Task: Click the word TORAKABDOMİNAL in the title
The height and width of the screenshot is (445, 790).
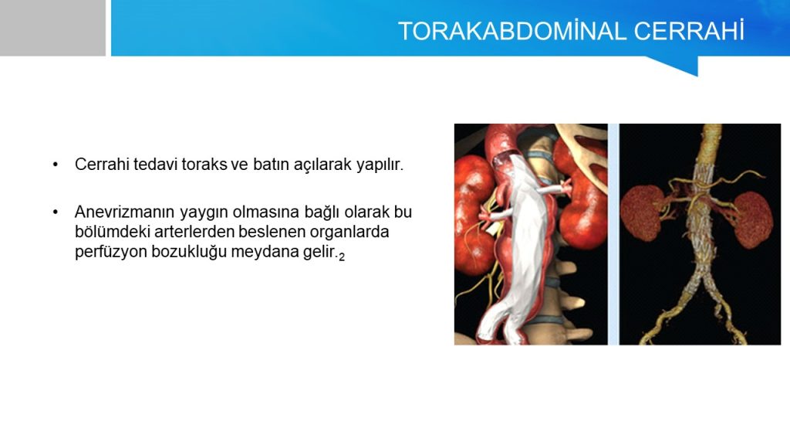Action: pyautogui.click(x=512, y=31)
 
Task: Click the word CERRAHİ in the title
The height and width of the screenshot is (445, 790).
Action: pyautogui.click(x=689, y=31)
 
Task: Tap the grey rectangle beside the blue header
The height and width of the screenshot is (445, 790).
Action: pyautogui.click(x=52, y=28)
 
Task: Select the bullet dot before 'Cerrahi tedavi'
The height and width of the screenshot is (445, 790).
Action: pyautogui.click(x=56, y=165)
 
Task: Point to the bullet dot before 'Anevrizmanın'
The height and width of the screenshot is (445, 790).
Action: pyautogui.click(x=56, y=212)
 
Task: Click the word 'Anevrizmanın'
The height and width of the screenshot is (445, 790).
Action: pyautogui.click(x=124, y=212)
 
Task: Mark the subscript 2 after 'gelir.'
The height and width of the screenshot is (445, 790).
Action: pyautogui.click(x=342, y=257)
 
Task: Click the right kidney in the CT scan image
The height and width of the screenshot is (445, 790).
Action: pyautogui.click(x=752, y=219)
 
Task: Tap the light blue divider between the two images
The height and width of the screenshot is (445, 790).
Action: pyautogui.click(x=613, y=234)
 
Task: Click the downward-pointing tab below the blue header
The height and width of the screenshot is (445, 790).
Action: pyautogui.click(x=680, y=65)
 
